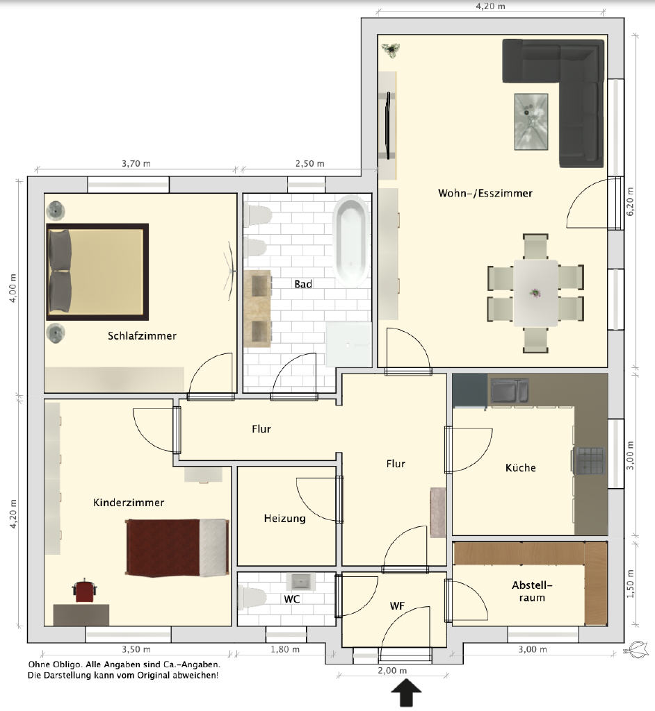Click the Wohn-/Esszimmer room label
485,193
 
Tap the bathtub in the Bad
350,241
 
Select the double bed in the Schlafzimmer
97,271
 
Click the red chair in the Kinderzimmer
84,590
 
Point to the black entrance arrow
407,692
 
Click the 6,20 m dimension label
630,201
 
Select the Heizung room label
285,518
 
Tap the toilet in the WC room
251,598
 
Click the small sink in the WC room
300,582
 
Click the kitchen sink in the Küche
510,391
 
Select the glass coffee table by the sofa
531,122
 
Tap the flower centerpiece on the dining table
535,293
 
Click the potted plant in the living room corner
391,49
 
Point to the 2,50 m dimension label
310,164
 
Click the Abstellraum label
532,592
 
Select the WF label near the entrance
397,606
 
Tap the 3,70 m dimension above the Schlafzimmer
136,164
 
